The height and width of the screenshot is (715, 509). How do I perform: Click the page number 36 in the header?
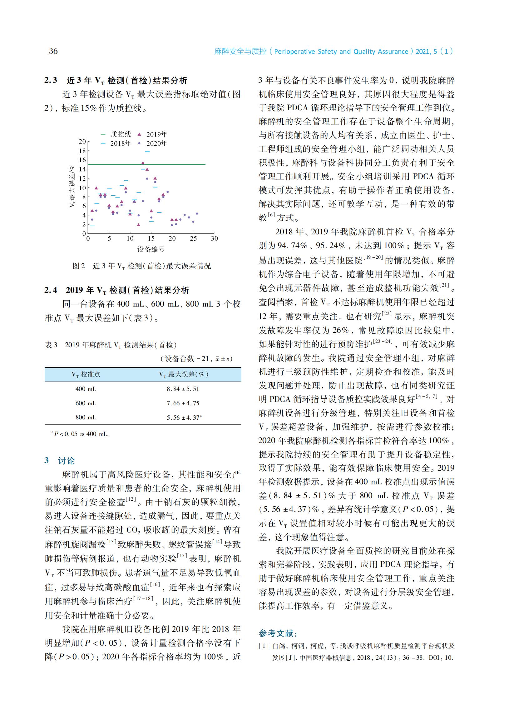53,51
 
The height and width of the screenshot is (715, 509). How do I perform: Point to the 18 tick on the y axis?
82,151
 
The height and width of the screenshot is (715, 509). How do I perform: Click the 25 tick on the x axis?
193,238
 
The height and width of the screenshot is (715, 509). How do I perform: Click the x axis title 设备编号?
151,250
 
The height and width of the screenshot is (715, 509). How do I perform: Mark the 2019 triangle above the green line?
143,163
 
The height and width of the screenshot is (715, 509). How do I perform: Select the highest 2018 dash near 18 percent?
147,152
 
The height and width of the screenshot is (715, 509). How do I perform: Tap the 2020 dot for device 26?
197,213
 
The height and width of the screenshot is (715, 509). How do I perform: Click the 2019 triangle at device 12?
139,225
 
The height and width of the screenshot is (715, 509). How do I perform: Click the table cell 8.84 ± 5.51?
183,389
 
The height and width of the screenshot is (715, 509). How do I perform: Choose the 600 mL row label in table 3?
86,403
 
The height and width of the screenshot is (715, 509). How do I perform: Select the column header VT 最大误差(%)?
184,374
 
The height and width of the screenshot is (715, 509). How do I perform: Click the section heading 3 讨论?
60,461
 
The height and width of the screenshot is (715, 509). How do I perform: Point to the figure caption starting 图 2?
142,266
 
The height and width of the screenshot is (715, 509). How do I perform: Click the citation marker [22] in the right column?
388,314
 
